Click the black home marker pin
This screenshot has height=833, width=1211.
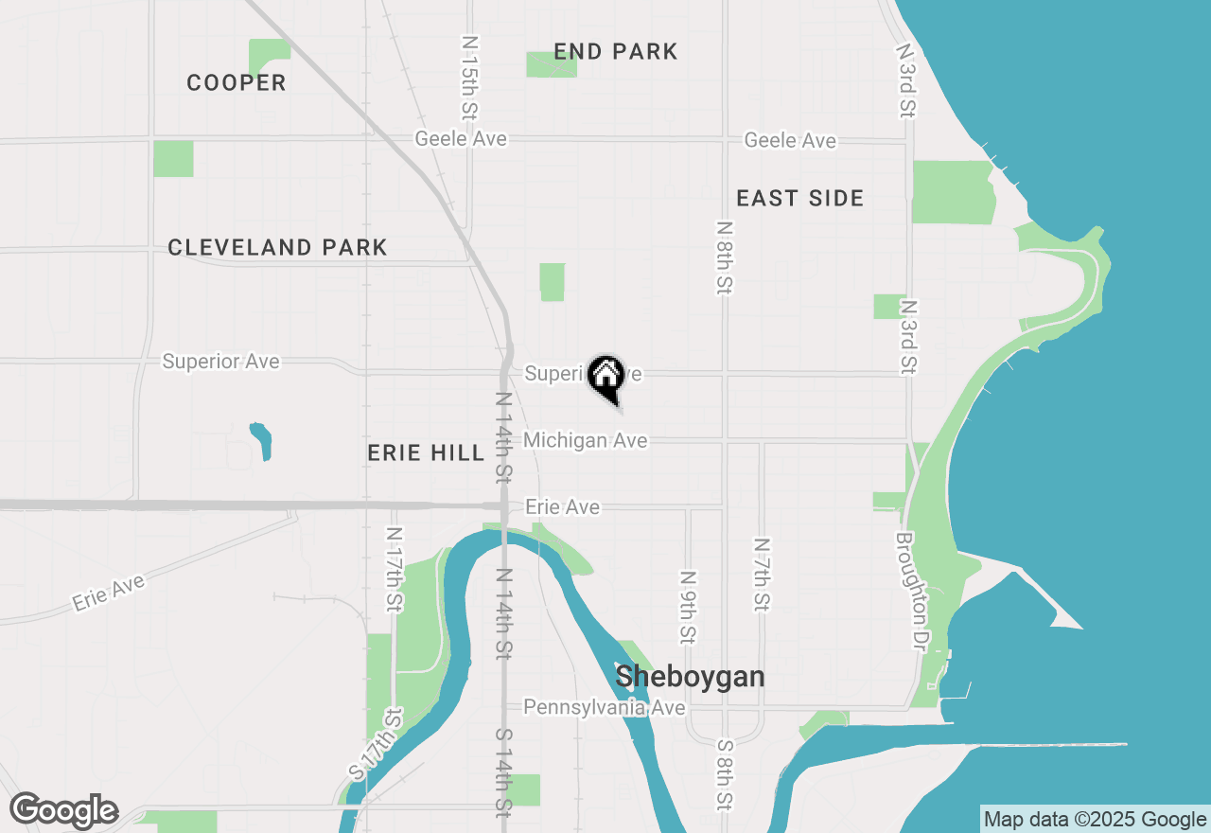pos(605,378)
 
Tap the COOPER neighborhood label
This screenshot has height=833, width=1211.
pos(237,83)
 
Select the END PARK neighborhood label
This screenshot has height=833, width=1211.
pos(616,52)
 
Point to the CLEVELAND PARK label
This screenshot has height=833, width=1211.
pos(277,248)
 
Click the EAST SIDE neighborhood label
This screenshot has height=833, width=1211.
pos(800,199)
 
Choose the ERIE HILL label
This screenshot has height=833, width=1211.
pos(426,453)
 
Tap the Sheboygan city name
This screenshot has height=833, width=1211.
pos(690,678)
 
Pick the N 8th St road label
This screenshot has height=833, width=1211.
pos(725,257)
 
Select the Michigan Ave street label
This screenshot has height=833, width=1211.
pos(586,440)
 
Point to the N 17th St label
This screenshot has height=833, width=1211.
pos(394,569)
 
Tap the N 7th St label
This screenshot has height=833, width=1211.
pos(762,575)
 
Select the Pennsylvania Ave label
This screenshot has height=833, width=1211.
pos(605,707)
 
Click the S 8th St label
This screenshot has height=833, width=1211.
pos(726,774)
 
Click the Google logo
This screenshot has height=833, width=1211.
pos(63,811)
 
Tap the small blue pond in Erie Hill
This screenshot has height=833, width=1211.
pos(261,440)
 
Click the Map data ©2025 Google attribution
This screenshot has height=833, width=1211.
pos(1095,820)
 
